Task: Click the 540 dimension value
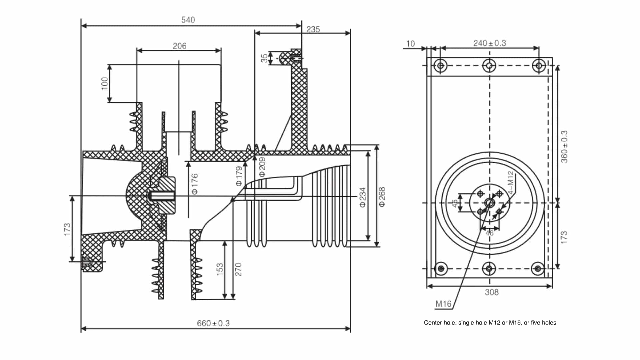coord(188,20)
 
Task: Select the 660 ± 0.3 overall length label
coord(213,323)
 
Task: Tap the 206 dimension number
coord(179,46)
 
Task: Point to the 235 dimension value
coord(313,29)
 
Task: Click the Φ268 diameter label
coord(382,197)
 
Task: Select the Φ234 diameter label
coord(363,197)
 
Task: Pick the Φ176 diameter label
coord(195,184)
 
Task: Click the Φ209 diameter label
coord(262,167)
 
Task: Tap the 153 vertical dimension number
coord(220,269)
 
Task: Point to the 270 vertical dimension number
coord(238,269)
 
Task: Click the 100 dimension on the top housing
coord(105,83)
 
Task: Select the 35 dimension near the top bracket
coord(264,58)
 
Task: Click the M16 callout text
coord(443,304)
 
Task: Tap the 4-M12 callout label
coord(511,183)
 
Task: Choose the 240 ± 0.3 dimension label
coord(489,43)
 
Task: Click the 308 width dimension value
coord(492,292)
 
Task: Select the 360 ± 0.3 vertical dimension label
coord(564,147)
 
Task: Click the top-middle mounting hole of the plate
coord(489,66)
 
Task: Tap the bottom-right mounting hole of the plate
coord(537,268)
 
